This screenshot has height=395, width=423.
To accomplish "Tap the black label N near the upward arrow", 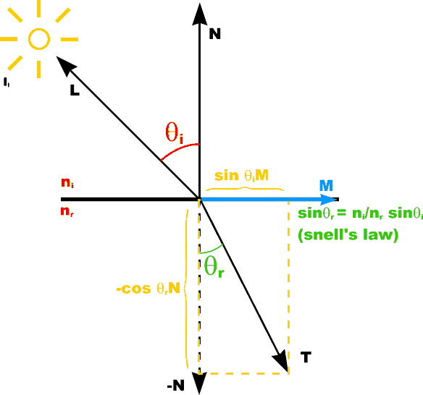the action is coord(214,34).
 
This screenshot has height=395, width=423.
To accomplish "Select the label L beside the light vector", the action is coord(75,90).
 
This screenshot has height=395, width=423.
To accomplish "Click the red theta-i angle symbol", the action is coord(175,132).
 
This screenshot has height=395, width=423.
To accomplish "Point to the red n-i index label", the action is coord(67,183).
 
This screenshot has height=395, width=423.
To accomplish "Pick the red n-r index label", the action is coord(67,212).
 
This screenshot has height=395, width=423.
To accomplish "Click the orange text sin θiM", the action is coord(241,176).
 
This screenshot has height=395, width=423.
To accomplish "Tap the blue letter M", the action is coord(326,186).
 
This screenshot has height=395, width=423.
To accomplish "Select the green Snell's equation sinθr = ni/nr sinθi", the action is coord(360,213).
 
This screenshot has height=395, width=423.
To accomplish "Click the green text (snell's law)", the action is coord(348,234).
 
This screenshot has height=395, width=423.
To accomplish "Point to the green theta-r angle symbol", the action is coord(214,266).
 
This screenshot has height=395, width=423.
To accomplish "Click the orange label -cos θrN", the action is coord(148,289).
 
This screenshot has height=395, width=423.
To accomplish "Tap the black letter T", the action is coord(306,357).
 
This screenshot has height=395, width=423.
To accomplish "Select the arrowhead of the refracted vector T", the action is coord(281,362).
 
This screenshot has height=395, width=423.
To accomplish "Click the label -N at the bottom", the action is coord(175,386).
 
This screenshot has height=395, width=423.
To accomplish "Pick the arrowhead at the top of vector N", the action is coord(200,14).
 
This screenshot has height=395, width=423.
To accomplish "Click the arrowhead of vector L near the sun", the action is coord(66,66).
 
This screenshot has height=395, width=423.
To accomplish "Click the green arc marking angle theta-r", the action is coord(211,250).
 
